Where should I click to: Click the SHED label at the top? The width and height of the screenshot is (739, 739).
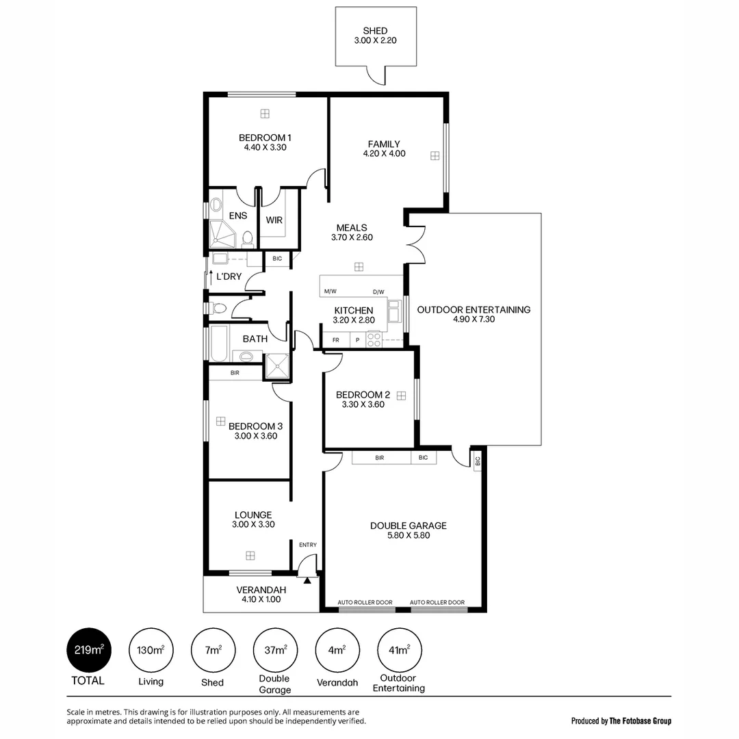pos(375,31)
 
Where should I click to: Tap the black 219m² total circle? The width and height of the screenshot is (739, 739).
pos(88,649)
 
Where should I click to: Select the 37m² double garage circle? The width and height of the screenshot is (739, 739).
pos(275,649)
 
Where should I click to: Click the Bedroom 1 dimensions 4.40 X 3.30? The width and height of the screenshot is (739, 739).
pos(264,147)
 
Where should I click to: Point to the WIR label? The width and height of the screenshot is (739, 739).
pos(274,220)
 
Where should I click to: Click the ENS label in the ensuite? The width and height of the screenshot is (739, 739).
pos(238,216)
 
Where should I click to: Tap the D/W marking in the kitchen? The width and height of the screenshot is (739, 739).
pos(378,291)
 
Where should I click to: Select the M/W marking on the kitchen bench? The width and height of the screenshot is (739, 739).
pos(330,291)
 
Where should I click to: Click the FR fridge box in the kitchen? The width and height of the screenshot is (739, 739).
pos(336,339)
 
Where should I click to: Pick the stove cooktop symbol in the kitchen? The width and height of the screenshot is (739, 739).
pos(374,339)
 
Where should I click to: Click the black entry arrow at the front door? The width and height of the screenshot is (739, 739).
pos(308,580)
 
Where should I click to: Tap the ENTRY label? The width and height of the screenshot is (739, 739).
pos(308,545)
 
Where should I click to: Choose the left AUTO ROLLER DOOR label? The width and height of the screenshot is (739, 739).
pos(365,602)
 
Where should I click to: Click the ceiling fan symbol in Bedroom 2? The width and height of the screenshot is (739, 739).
pos(401,395)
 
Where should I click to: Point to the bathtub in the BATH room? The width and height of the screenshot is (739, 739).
pos(219,343)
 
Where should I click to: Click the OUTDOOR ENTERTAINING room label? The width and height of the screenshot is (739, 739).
pos(474,309)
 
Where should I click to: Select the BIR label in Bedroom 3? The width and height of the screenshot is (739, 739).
pos(235,373)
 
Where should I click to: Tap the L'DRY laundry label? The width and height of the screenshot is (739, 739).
pos(229,276)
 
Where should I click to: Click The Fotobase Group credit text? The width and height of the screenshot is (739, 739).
pos(640,721)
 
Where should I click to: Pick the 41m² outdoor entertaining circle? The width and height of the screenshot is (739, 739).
pos(400,649)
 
